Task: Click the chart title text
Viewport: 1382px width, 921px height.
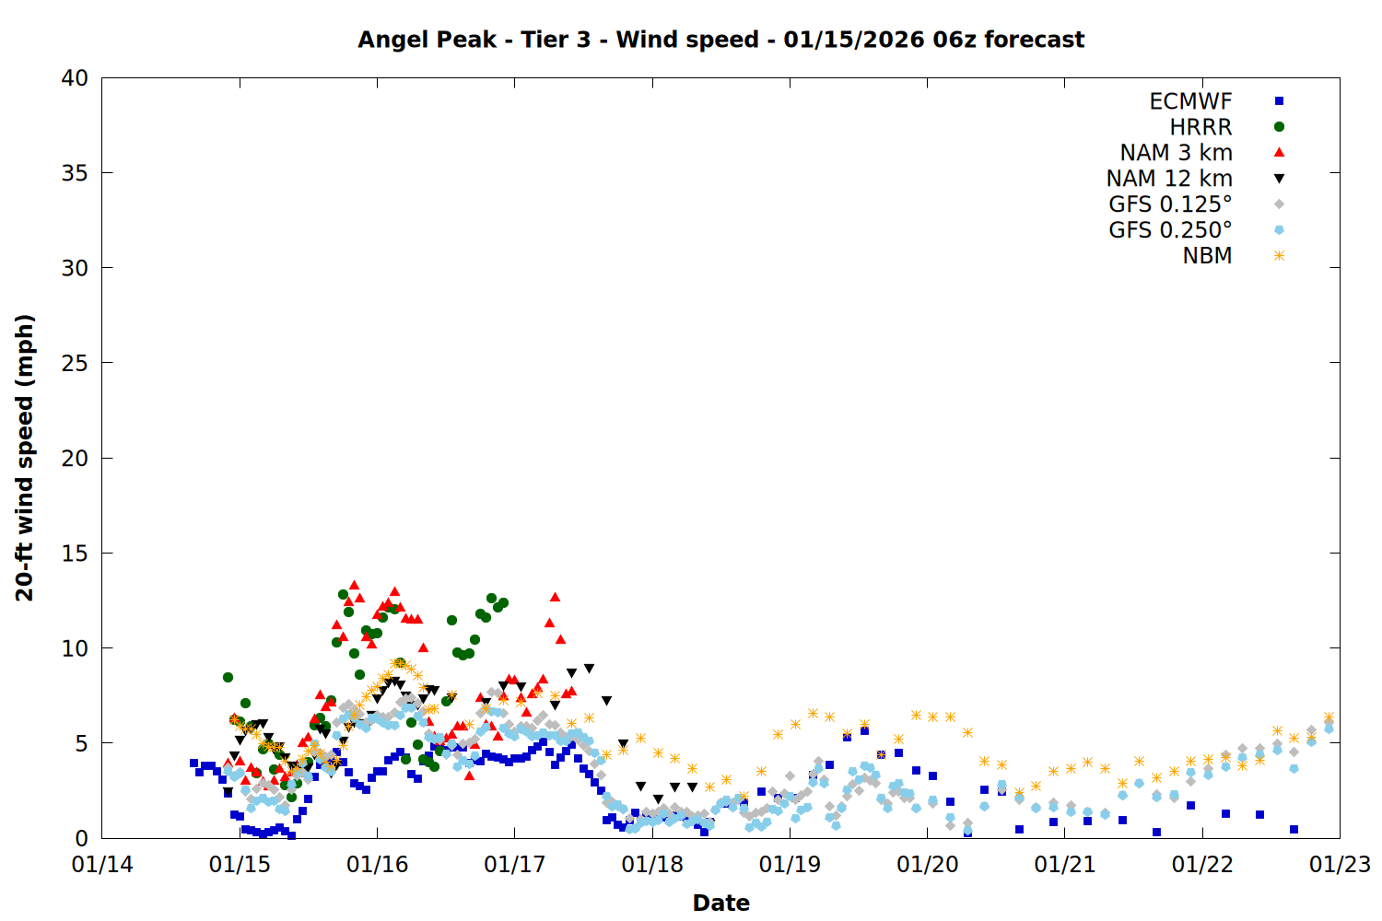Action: click(720, 40)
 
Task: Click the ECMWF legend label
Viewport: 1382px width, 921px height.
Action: click(1190, 101)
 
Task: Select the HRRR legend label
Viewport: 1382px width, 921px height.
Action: click(1200, 127)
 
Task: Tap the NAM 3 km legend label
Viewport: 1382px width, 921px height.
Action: click(1176, 153)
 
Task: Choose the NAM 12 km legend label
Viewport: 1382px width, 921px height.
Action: click(1169, 179)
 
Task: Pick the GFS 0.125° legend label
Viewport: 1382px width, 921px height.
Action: click(1170, 204)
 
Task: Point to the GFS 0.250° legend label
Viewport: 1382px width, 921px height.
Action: click(1170, 230)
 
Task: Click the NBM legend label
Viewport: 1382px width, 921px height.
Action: click(1207, 256)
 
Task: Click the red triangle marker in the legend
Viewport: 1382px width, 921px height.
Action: click(1279, 153)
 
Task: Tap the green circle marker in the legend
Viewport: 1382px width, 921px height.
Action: click(1279, 127)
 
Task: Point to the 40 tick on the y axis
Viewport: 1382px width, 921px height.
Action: click(76, 78)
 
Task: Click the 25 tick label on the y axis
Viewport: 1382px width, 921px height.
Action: click(76, 363)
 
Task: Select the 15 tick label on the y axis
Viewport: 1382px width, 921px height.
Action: click(76, 553)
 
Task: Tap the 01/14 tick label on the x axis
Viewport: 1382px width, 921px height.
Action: click(102, 865)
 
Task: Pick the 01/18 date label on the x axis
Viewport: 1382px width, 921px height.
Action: click(652, 865)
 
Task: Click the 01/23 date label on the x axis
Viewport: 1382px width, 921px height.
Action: click(1340, 865)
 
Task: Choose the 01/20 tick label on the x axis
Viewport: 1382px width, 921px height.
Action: click(927, 865)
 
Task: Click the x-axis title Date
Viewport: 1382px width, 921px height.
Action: click(720, 903)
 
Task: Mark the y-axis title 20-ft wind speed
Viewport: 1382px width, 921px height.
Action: click(25, 458)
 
